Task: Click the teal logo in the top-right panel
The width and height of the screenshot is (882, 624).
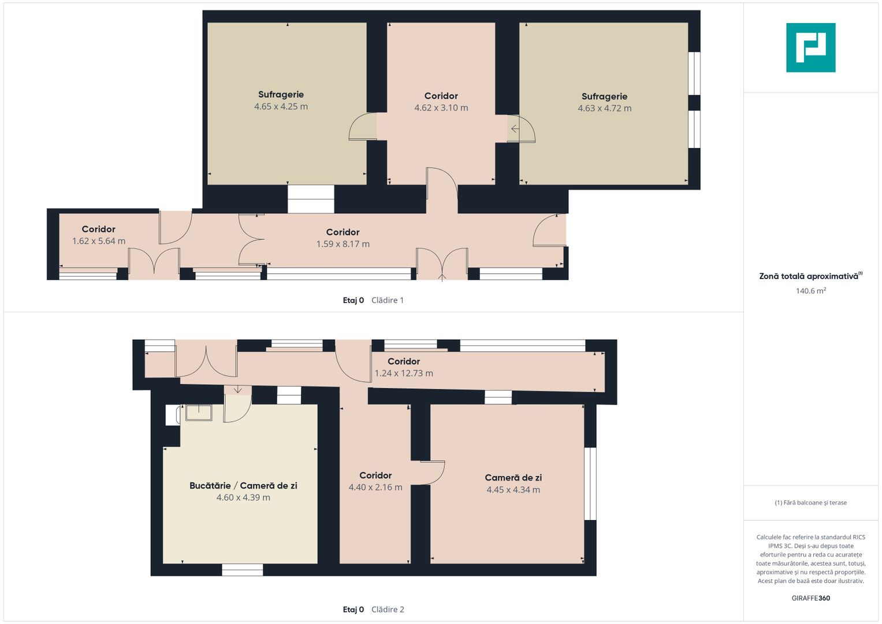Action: (x=810, y=47)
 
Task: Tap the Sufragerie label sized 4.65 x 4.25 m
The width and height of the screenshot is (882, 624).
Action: (x=281, y=95)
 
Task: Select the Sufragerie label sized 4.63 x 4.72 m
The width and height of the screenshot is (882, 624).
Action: (x=604, y=96)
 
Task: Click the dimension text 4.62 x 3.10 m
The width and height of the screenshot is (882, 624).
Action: (x=441, y=108)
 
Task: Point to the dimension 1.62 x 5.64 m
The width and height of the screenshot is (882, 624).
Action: (x=98, y=241)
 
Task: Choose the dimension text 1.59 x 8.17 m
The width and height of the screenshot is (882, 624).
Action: (x=343, y=244)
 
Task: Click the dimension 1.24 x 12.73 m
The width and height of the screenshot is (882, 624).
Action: (x=404, y=373)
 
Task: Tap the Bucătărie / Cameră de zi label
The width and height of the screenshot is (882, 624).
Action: (x=243, y=486)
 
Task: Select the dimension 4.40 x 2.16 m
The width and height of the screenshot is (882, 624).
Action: (x=375, y=487)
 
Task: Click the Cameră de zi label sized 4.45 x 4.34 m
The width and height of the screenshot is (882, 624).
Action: (x=513, y=478)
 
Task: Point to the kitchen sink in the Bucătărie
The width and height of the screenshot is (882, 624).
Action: (x=199, y=413)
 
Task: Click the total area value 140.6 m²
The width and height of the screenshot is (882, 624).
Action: (x=811, y=291)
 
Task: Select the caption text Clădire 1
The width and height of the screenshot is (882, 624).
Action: (x=388, y=300)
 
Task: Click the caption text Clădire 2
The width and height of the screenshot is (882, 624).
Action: (x=388, y=610)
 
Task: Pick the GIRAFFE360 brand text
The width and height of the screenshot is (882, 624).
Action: (x=811, y=598)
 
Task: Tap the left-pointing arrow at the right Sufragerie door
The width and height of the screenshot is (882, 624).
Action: (x=515, y=128)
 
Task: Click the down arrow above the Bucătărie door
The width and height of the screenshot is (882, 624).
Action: (x=238, y=389)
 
